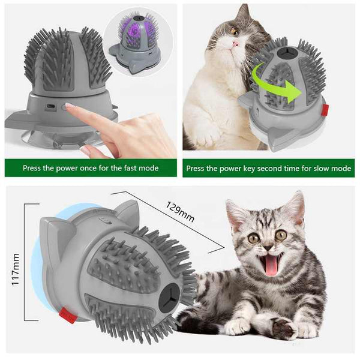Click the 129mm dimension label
coord(179,211)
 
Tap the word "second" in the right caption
coord(260,169)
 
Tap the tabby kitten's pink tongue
coord(272,265)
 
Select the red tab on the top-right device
coord(325,110)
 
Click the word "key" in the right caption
coord(238,169)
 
